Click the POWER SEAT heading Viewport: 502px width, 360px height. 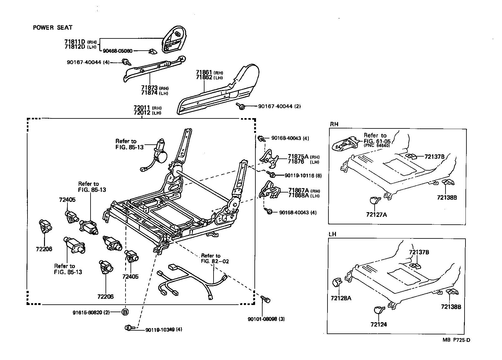(52, 27)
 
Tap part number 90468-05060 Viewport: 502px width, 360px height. (118, 51)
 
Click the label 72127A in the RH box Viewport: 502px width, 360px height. (376, 215)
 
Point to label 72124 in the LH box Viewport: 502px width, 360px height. (379, 324)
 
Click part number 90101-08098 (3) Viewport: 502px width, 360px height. (266, 319)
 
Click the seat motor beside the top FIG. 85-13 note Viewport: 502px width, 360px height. (159, 152)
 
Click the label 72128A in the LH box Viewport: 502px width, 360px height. (341, 298)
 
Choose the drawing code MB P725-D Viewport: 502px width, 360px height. (456, 340)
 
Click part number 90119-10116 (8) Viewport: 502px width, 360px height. (303, 176)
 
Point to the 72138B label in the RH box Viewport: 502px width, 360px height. (447, 197)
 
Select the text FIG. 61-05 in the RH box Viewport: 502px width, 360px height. (377, 141)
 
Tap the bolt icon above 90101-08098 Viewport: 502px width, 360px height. (265, 299)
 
